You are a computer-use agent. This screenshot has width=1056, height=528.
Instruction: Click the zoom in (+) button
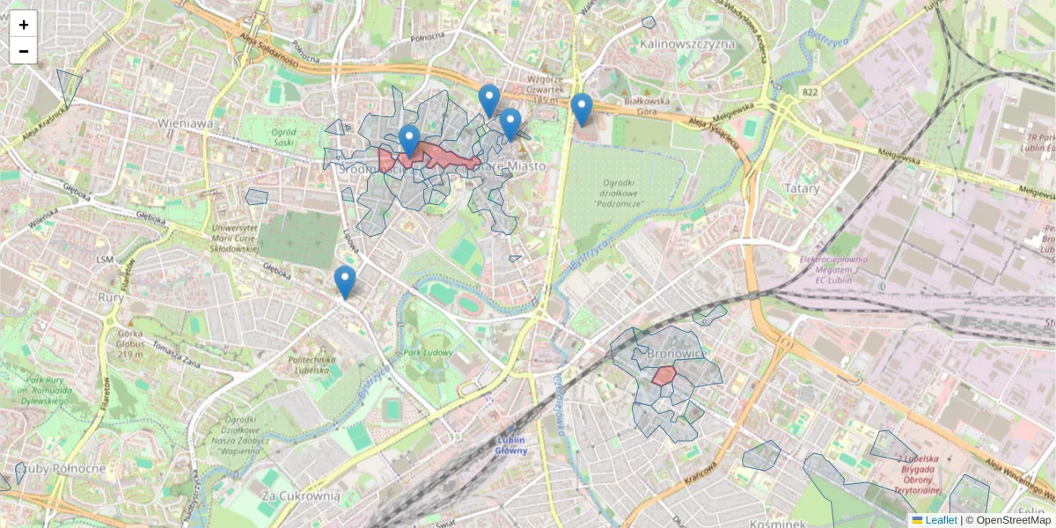coord(23,24)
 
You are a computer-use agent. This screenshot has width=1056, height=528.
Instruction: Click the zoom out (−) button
coord(23,51)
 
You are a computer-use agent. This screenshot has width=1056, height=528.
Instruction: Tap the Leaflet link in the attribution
coord(940,520)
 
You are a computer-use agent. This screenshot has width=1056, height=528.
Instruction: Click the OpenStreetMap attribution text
coord(1013,520)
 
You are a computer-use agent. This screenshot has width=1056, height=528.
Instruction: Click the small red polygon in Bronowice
coord(664,376)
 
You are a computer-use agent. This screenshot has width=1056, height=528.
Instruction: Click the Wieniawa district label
coord(185,123)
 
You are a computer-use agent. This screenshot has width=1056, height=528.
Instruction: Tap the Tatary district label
coord(801,187)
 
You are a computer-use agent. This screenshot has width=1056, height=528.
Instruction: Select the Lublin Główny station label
coord(511,444)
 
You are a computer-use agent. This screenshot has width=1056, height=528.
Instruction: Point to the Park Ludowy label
coord(428,353)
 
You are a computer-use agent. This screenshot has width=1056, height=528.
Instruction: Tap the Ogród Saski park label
coord(282,136)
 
